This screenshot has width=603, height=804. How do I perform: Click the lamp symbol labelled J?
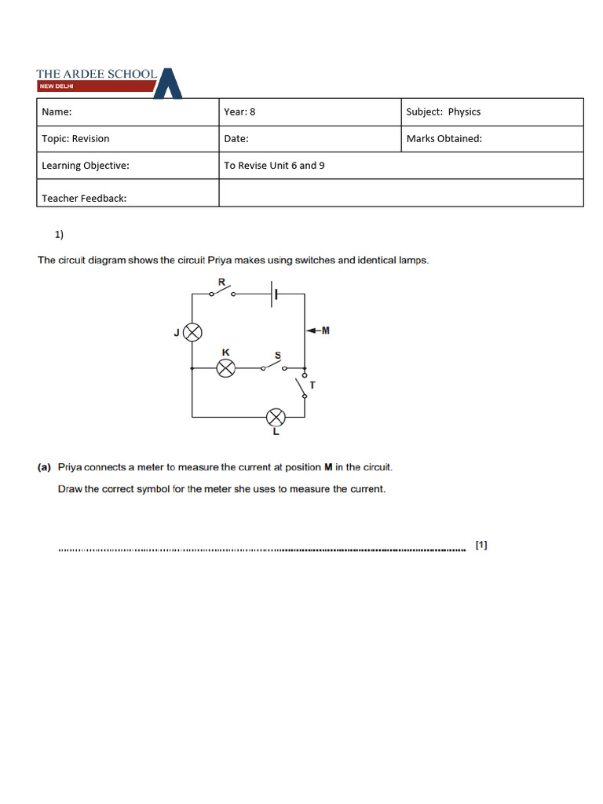click(x=192, y=332)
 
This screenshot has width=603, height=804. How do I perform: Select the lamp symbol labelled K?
click(x=226, y=368)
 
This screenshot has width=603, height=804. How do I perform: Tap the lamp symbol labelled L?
click(x=276, y=417)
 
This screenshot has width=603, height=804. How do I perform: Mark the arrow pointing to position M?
click(x=313, y=331)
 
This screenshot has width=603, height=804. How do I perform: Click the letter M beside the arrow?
click(x=326, y=331)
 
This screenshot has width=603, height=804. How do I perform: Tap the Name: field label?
click(x=57, y=111)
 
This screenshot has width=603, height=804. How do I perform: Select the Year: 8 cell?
click(x=239, y=111)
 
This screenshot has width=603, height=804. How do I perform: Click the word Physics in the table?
click(x=464, y=111)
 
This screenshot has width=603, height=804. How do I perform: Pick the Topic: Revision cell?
click(x=75, y=139)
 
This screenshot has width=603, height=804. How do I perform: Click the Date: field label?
click(x=236, y=139)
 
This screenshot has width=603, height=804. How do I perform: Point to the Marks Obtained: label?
click(x=444, y=139)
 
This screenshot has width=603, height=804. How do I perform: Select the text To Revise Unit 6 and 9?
click(x=274, y=166)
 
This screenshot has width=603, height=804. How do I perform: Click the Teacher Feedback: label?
click(x=84, y=198)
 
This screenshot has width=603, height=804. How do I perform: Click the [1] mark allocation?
click(x=481, y=545)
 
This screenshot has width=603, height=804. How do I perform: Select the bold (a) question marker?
click(x=45, y=467)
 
